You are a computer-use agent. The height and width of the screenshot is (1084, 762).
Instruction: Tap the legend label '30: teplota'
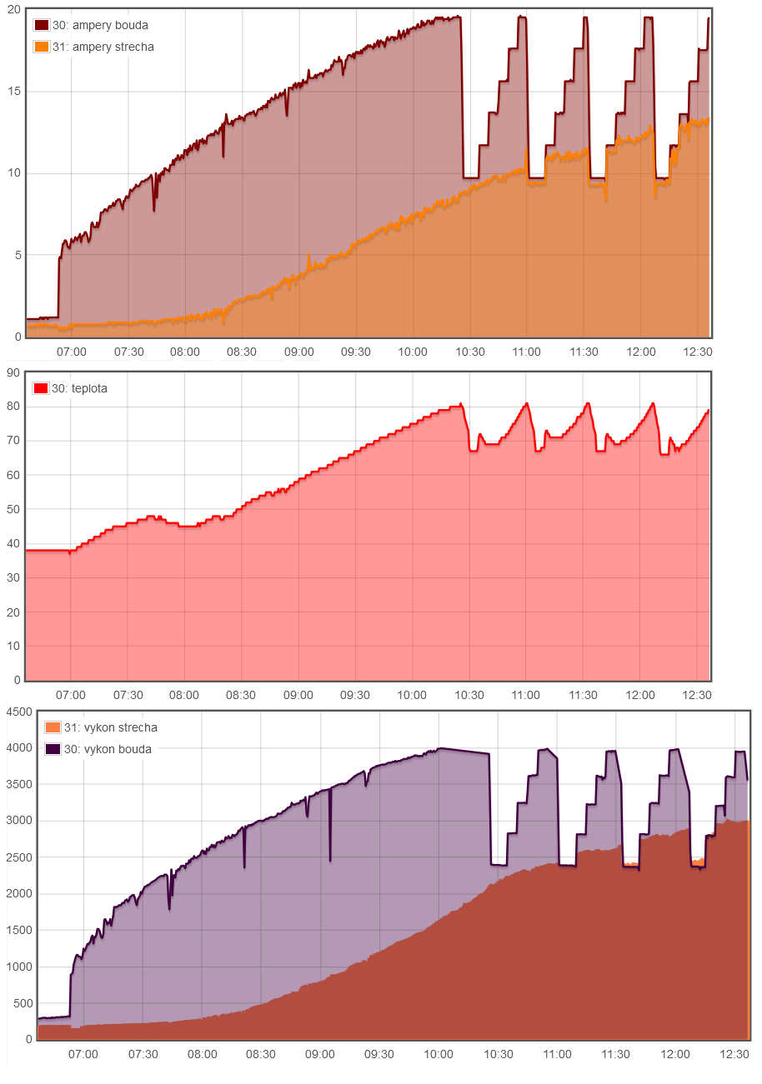(79, 388)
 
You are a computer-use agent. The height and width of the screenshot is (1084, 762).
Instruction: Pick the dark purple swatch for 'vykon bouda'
(53, 749)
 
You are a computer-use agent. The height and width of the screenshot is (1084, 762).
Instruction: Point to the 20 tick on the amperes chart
(13, 9)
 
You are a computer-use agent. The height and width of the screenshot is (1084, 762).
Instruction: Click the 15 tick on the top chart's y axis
(13, 92)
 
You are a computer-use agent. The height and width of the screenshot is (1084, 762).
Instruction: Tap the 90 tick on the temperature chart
(13, 373)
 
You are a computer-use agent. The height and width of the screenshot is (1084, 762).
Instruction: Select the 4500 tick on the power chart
(18, 712)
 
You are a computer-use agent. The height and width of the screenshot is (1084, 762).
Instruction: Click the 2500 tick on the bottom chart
(18, 857)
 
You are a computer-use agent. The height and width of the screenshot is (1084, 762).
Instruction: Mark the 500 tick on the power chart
(22, 1003)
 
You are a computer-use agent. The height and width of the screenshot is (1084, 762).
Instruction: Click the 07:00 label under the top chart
(71, 352)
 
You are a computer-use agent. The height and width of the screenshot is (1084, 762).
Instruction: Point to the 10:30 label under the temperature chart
(469, 695)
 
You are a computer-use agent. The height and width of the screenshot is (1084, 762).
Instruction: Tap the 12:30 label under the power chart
(734, 1054)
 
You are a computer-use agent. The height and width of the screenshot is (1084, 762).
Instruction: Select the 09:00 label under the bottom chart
(320, 1054)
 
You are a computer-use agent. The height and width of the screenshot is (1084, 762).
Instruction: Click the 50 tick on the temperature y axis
(13, 510)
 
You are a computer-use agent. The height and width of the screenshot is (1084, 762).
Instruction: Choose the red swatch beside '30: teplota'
(41, 388)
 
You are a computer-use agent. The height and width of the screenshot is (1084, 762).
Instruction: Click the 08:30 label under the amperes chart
(242, 352)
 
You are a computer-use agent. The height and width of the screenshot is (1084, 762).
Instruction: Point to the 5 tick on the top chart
(17, 256)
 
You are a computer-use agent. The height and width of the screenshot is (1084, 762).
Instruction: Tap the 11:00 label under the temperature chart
(526, 695)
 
